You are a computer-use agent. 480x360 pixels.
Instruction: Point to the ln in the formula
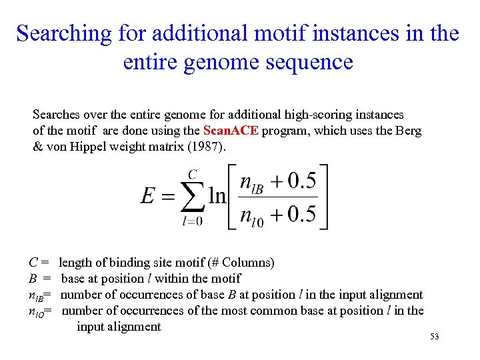pos(217,196)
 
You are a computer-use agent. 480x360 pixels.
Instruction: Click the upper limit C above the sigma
pos(192,175)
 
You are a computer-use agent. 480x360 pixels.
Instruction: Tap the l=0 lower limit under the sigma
pos(192,221)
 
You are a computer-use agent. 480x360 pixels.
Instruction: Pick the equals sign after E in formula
pos(168,197)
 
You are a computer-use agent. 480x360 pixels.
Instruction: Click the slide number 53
pos(435,337)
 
